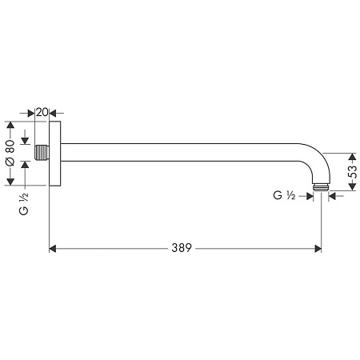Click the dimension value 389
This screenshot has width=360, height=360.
182,249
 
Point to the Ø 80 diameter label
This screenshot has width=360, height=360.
10,153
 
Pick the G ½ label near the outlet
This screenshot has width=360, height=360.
284,195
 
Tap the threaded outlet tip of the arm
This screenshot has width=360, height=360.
322,188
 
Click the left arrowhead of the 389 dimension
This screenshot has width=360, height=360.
54,249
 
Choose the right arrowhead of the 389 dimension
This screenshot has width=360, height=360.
318,249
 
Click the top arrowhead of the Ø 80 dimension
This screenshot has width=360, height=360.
10,125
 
